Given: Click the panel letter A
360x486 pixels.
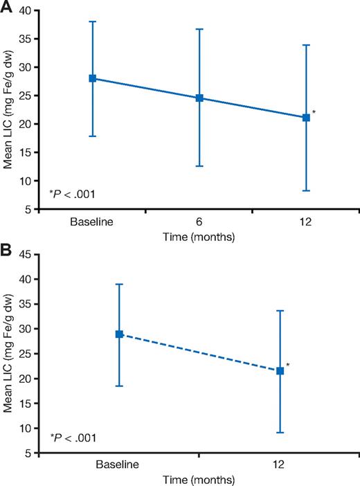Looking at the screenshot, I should (7, 8).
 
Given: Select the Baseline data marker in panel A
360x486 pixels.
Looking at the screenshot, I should (93, 78).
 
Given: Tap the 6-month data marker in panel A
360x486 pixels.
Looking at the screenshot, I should (199, 98).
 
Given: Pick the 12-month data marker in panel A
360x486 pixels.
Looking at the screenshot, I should (306, 118).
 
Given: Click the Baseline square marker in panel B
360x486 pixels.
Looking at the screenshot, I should (119, 334).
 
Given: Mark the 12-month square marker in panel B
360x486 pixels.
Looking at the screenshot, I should (280, 371).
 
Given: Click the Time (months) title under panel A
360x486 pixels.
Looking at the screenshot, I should (199, 237).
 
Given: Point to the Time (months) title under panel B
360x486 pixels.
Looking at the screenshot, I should (199, 478).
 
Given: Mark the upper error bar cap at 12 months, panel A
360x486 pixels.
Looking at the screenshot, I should (306, 45).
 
